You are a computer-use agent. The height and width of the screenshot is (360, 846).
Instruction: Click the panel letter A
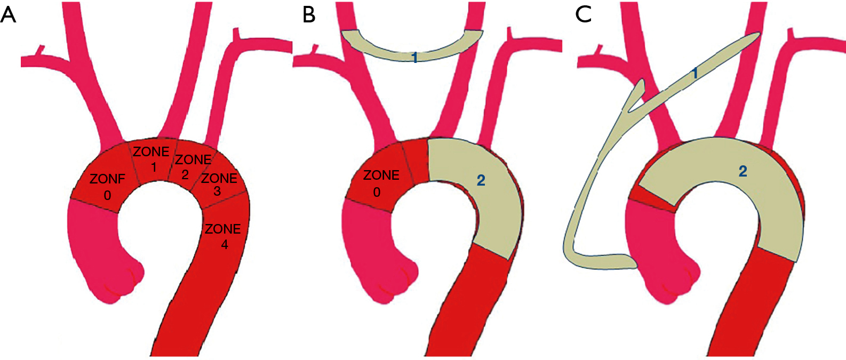coord(9,14)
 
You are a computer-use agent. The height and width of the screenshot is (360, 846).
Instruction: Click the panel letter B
coord(309,14)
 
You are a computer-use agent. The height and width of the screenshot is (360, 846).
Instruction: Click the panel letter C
coord(584,14)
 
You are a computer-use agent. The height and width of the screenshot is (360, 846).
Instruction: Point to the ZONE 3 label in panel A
coord(219,184)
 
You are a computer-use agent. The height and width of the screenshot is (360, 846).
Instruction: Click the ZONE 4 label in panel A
coord(223,236)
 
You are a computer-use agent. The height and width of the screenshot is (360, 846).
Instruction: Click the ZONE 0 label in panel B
coord(380,183)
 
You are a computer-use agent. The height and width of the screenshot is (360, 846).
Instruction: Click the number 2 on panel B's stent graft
coord(481,180)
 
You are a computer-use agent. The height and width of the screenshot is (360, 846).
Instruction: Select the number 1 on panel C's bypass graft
coord(694,73)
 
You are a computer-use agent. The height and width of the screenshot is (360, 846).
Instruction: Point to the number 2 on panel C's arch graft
coord(743,171)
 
